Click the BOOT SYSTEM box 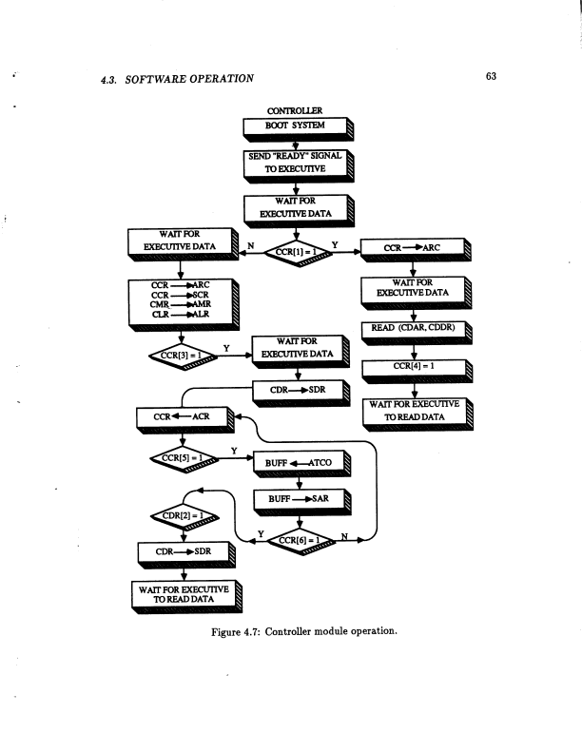pos(294,125)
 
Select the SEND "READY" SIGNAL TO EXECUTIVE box pos(294,162)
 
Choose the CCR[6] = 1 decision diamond pos(298,541)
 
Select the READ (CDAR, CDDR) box pos(414,330)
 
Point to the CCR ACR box pos(180,416)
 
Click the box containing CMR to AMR pos(180,303)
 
